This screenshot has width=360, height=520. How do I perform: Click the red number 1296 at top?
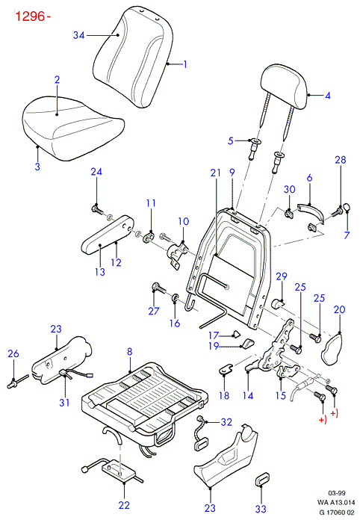tap(31, 16)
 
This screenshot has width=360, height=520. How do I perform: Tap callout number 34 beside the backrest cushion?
tap(79, 35)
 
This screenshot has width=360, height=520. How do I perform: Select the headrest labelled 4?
tap(284, 87)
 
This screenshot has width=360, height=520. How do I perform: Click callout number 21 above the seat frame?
tap(215, 173)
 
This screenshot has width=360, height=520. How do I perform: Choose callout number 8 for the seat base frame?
tap(130, 351)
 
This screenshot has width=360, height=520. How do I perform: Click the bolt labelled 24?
tap(97, 210)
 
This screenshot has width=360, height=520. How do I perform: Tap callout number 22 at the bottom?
tap(124, 505)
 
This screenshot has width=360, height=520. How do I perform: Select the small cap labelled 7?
tap(347, 207)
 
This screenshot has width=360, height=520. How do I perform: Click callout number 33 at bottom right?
tap(261, 508)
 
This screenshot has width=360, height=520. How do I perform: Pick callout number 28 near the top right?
tap(341, 160)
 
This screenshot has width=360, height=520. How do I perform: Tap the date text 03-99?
tap(337, 493)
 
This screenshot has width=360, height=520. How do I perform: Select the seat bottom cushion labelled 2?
tap(74, 129)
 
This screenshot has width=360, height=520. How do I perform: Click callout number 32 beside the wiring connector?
tap(226, 422)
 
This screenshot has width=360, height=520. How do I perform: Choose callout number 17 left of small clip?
tap(214, 335)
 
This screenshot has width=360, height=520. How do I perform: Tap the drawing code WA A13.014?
tap(336, 502)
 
